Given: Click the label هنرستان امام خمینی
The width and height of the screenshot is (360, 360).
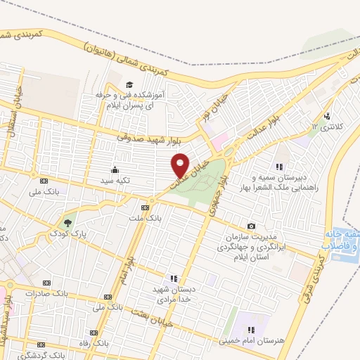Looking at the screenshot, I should pos(266,341).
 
